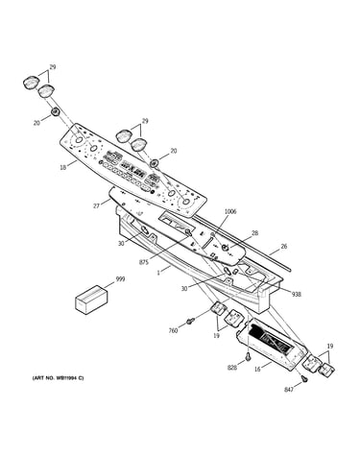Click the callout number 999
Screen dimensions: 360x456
coord(120,279)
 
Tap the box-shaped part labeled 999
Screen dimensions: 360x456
coord(90,299)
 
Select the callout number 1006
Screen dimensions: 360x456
coord(230,211)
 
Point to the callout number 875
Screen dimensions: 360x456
coord(144,262)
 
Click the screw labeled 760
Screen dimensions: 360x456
coord(191,321)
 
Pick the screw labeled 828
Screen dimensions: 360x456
coord(248,356)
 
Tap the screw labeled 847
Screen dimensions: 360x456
coord(305,378)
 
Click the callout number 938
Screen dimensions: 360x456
coord(297,295)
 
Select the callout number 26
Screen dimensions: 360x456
coord(284,247)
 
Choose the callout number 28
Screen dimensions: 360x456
coord(255,233)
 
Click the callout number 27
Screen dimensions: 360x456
coord(96,206)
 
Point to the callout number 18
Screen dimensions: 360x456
coord(63,167)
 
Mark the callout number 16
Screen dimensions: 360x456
coord(257,370)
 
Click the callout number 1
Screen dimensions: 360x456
coord(158,273)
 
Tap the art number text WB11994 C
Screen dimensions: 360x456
coord(58,378)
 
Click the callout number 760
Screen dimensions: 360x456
coord(173,331)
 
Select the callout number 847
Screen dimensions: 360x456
coord(289,390)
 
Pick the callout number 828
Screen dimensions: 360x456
coord(232,368)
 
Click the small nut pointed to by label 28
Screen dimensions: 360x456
coord(226,248)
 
